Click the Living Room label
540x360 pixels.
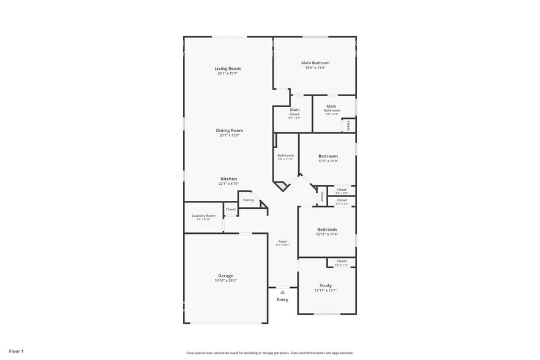227,68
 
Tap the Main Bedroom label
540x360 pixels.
315,63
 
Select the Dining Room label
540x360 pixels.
230,130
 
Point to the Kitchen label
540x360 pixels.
228,179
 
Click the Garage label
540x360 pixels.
225,276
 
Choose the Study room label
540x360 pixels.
326,285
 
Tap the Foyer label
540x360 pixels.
282,241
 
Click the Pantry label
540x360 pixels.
248,200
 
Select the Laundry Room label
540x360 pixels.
203,216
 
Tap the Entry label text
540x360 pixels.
282,299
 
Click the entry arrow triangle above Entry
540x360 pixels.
282,293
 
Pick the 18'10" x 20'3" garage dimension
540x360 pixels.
225,280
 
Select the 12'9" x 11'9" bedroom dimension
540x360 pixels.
328,161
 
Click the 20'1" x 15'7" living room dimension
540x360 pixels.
227,73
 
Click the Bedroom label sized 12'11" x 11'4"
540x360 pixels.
326,229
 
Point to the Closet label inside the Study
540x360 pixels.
342,261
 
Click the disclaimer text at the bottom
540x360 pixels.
269,353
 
